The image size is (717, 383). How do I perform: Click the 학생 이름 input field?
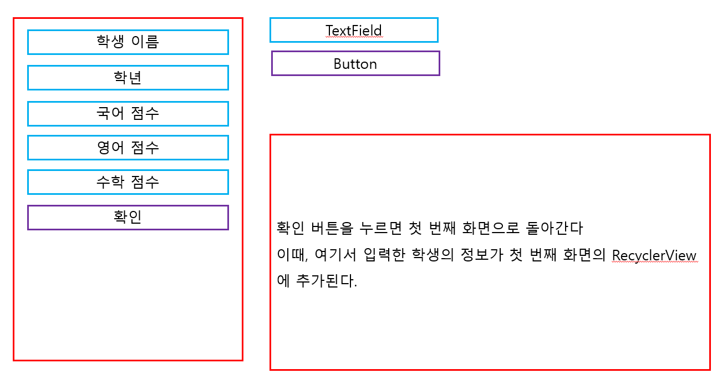tap(128, 42)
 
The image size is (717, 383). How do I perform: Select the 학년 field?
tap(128, 78)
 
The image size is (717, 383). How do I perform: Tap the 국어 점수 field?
tap(128, 113)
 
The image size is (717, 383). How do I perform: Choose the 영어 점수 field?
tap(128, 148)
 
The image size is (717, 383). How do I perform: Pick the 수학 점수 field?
tap(128, 182)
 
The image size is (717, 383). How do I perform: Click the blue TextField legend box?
tap(354, 30)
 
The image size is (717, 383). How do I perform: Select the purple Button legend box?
tap(355, 64)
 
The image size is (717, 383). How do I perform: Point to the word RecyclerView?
tap(654, 255)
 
